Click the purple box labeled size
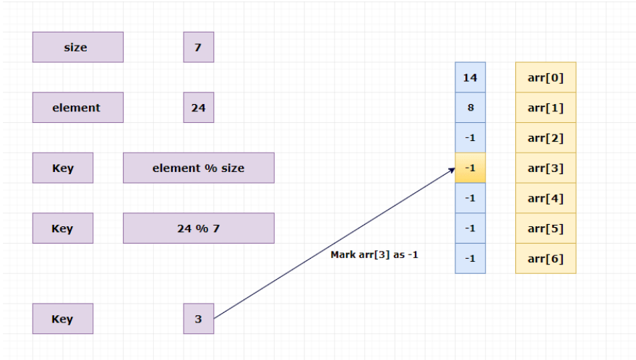coord(77,47)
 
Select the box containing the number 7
coord(198,47)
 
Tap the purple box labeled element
coord(77,108)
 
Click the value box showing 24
coord(198,108)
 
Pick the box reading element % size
coord(198,168)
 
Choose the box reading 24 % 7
coord(198,228)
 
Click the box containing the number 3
coord(198,319)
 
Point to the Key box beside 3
coord(62,319)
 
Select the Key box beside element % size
coord(62,168)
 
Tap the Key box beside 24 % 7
coord(62,228)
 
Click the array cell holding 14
coord(470,77)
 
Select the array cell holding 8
coord(470,108)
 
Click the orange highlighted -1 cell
coord(470,168)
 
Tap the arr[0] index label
coord(546,77)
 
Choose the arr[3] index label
coord(546,168)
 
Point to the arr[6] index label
coord(546,259)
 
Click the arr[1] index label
coord(546,108)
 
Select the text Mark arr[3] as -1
coord(374,255)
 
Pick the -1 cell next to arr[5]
coord(470,228)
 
